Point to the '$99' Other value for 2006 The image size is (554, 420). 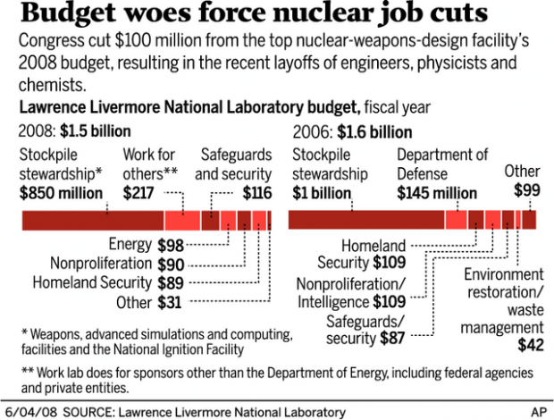pyautogui.click(x=527, y=189)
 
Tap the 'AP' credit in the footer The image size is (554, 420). pyautogui.click(x=538, y=411)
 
